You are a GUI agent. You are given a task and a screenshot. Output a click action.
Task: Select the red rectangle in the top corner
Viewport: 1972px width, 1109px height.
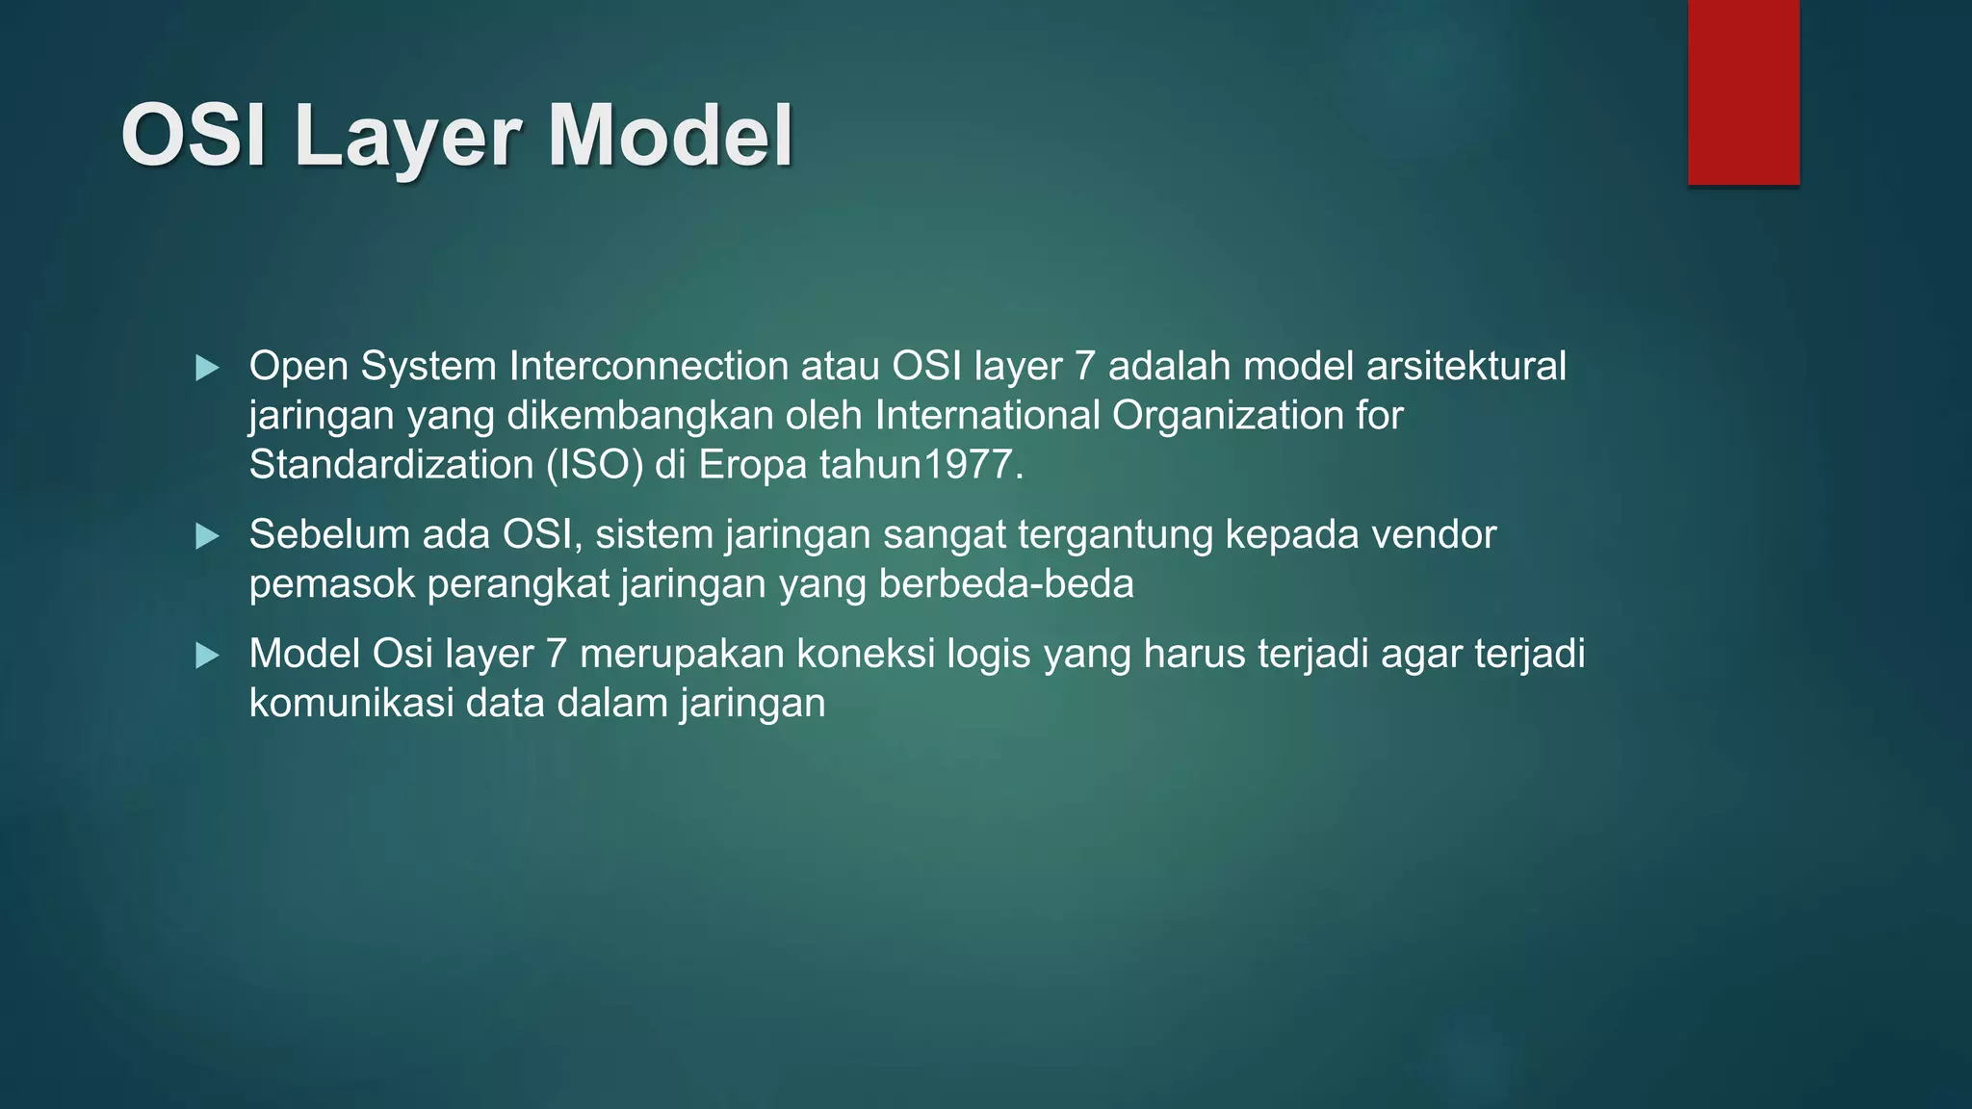1743,91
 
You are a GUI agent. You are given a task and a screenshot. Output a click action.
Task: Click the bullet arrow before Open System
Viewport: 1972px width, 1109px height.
207,368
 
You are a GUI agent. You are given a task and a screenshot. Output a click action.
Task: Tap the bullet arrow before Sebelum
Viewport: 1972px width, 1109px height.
207,536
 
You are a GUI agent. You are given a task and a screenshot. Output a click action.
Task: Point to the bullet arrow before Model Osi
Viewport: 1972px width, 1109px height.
207,657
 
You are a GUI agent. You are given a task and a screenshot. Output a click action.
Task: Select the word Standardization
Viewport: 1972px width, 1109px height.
391,465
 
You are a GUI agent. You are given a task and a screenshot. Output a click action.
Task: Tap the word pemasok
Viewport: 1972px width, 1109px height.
331,584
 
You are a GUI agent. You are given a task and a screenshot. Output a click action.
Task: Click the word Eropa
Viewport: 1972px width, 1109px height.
752,465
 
